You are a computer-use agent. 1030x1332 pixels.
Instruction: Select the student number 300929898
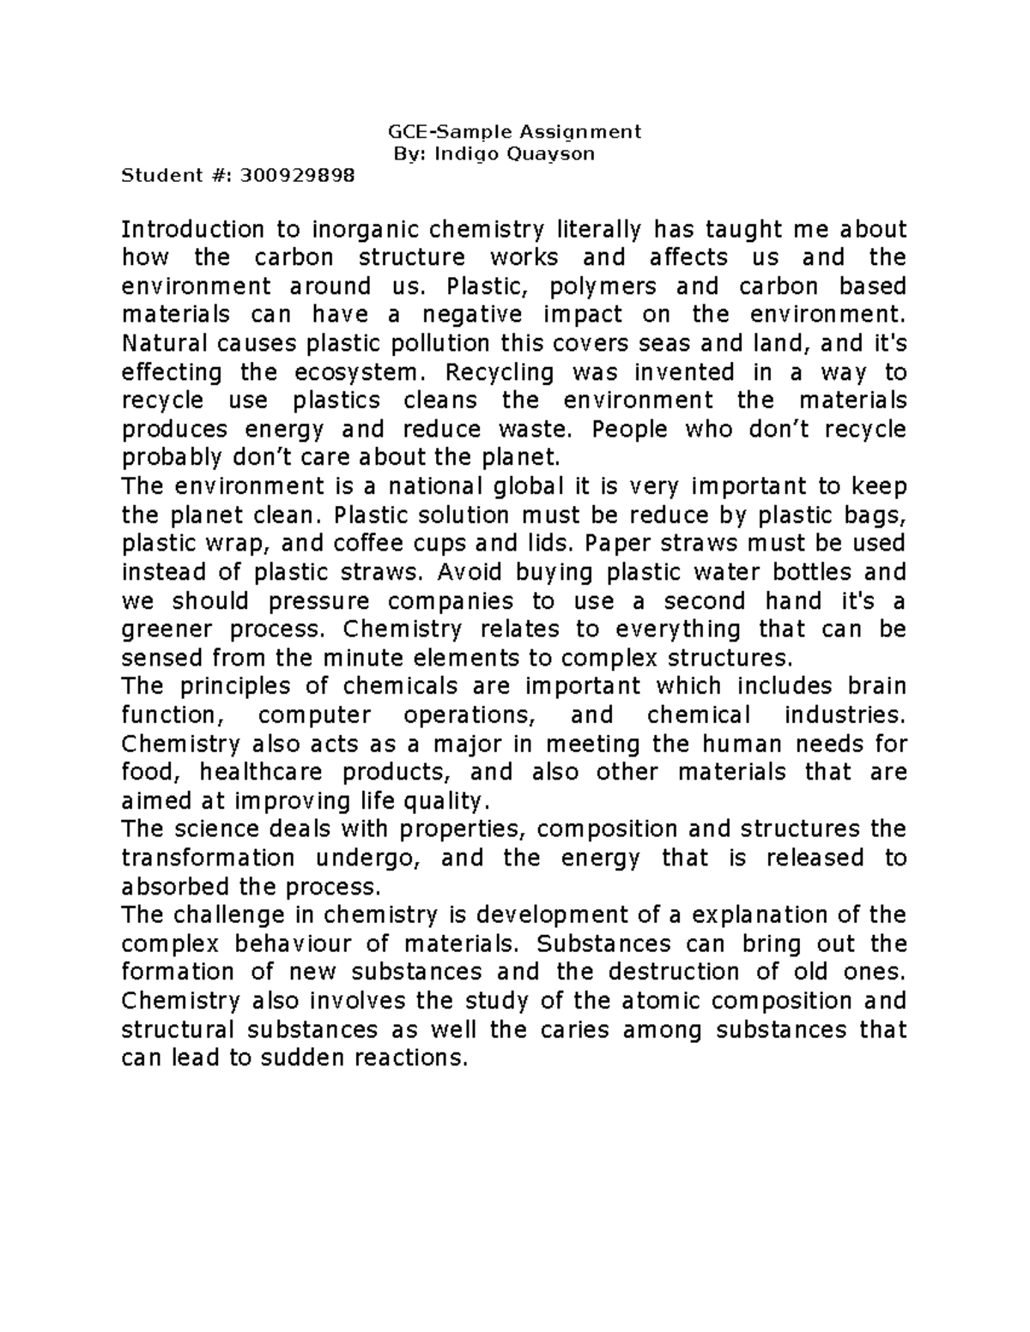point(297,177)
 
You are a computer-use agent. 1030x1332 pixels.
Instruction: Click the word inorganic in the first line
point(365,230)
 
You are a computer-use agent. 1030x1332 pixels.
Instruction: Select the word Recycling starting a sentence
point(499,372)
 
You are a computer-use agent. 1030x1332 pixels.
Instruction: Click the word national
point(436,486)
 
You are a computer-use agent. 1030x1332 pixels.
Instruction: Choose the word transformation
point(209,858)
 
